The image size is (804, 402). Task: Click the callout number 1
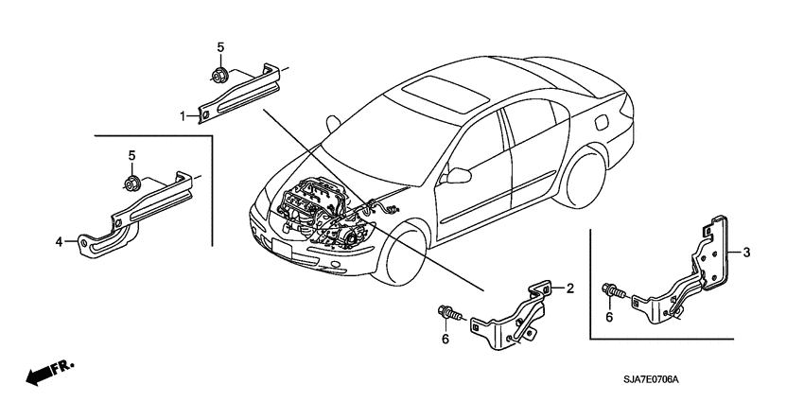tap(182, 114)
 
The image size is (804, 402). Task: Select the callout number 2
tap(570, 290)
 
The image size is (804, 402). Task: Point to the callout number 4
tap(59, 242)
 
